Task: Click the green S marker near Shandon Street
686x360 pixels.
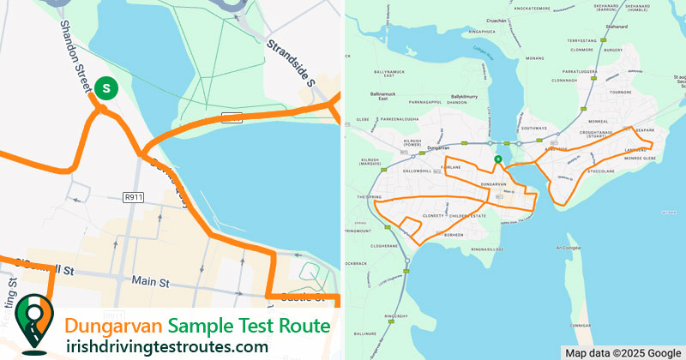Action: point(105,87)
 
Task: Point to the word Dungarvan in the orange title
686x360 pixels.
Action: point(113,327)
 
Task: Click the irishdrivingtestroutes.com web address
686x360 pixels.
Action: point(166,346)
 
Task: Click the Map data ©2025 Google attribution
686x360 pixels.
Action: point(622,352)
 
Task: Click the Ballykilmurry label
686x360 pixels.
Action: point(469,97)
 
